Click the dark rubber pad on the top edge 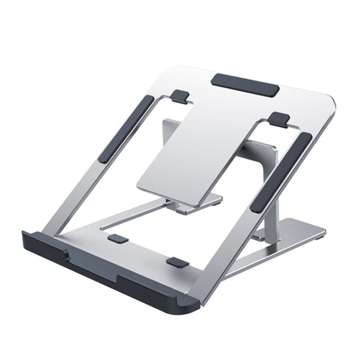245,84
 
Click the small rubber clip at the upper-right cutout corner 280,118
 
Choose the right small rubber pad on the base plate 176,262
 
